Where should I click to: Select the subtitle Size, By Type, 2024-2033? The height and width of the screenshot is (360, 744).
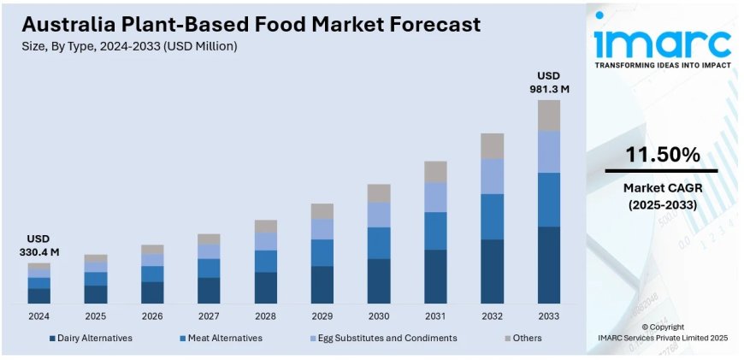[x=128, y=46]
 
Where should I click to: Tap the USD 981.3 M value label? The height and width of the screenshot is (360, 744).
[x=548, y=81]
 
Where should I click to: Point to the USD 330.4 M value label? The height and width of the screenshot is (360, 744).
[x=38, y=245]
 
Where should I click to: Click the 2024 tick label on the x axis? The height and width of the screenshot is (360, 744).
[x=38, y=316]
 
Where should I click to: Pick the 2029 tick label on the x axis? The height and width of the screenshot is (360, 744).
[x=322, y=316]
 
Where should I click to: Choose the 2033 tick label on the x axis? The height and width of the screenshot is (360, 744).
[x=548, y=316]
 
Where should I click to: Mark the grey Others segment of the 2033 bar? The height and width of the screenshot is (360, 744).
[x=548, y=115]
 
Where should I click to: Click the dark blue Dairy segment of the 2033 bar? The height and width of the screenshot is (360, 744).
[x=548, y=265]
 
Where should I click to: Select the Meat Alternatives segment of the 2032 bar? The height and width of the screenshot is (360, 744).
[x=492, y=216]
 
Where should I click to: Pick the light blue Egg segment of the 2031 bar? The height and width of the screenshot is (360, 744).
[x=435, y=197]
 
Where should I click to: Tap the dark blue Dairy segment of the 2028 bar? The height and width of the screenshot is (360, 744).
[x=265, y=287]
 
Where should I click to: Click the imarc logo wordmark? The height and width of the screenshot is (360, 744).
[x=663, y=43]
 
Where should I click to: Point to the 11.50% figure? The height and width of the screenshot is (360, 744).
[x=663, y=155]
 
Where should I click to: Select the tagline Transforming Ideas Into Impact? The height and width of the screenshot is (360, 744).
[x=663, y=66]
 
